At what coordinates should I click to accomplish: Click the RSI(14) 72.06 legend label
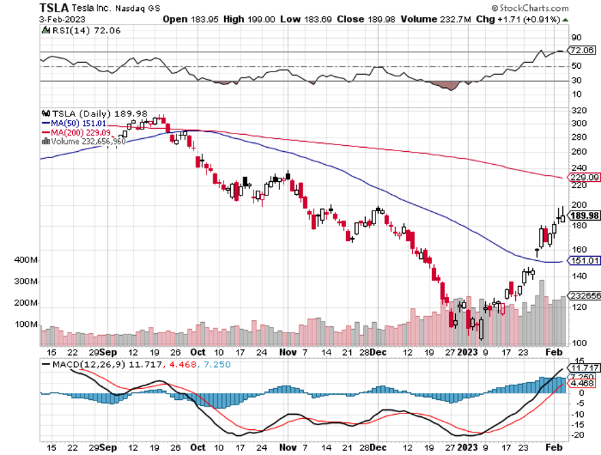(74, 30)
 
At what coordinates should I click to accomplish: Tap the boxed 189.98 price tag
(585, 215)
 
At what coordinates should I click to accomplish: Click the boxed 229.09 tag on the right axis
(585, 178)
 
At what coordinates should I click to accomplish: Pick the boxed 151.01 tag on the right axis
(585, 260)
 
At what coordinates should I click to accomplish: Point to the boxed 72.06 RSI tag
(583, 51)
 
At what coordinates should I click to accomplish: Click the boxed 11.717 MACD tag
(585, 368)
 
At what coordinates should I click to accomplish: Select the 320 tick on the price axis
(579, 110)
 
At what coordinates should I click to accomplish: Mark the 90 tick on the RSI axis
(576, 37)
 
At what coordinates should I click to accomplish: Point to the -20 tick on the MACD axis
(577, 435)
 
